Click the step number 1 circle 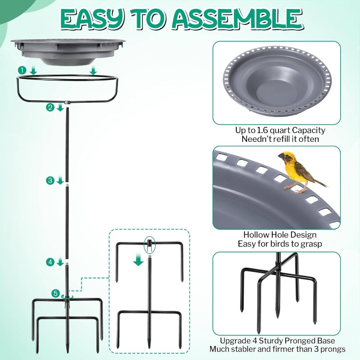click(x=22, y=70)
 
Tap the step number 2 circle click(x=50, y=107)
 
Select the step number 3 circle click(x=50, y=180)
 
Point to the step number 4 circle click(x=50, y=262)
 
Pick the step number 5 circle click(x=55, y=293)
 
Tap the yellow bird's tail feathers click(x=320, y=182)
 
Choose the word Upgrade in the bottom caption click(x=235, y=341)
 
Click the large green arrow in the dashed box click(x=139, y=258)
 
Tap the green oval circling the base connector click(x=149, y=245)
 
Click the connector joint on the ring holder click(x=67, y=102)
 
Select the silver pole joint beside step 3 click(x=67, y=185)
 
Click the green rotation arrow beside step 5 click(x=67, y=297)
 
